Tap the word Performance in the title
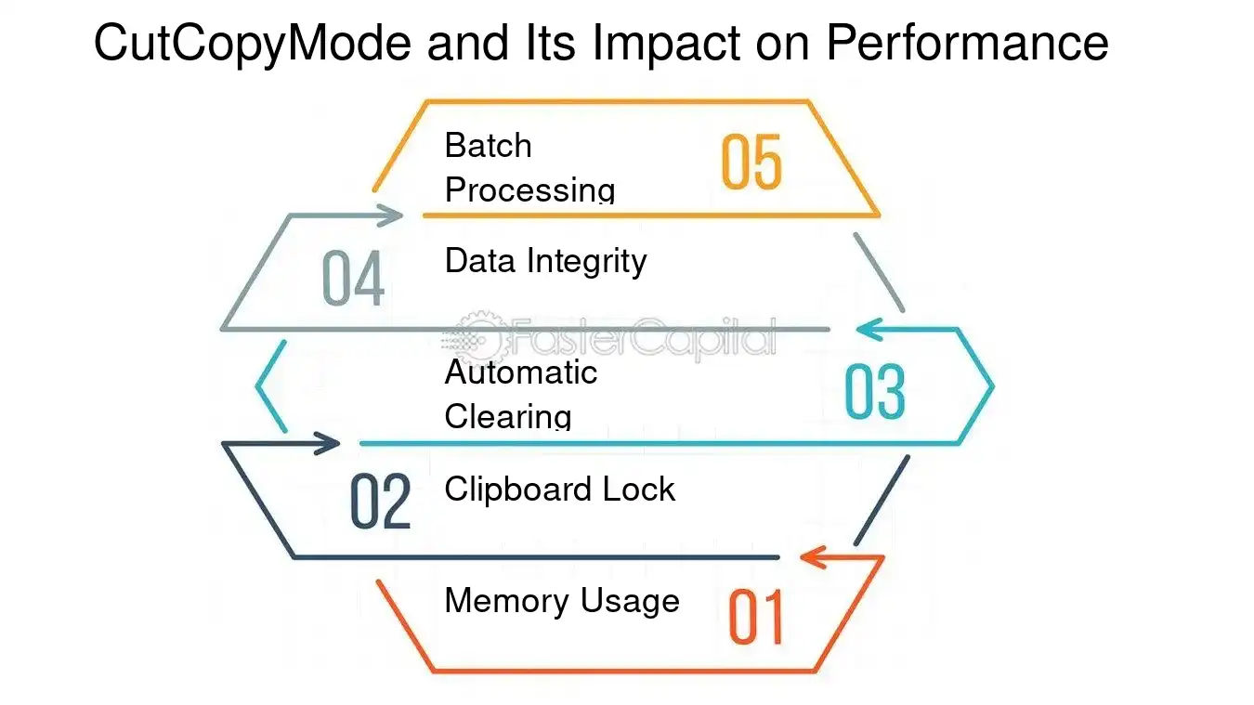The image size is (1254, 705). (967, 42)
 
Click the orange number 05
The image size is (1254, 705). (751, 162)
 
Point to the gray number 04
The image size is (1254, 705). (353, 278)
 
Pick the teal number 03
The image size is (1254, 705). (874, 391)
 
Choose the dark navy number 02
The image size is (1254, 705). (381, 502)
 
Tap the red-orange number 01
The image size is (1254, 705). (756, 617)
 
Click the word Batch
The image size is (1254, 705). (489, 146)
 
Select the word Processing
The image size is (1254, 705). (529, 189)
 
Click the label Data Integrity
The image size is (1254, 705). (546, 262)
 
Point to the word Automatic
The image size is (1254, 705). (521, 372)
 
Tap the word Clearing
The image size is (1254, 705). (508, 417)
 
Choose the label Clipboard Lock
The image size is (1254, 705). (560, 489)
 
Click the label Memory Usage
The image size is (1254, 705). (562, 601)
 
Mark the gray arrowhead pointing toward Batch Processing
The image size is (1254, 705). (389, 215)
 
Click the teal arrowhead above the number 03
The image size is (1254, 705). (869, 329)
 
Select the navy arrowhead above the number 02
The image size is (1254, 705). (327, 443)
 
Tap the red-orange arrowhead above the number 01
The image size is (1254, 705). (814, 557)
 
